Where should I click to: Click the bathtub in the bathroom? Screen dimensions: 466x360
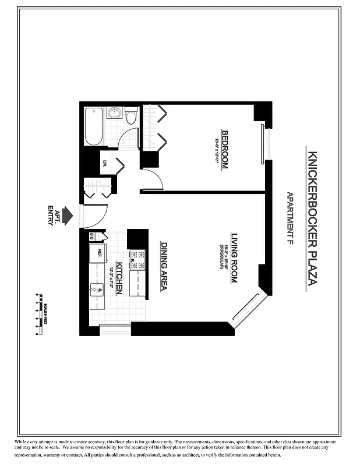(94, 127)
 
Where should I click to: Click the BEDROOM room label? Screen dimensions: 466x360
(225, 149)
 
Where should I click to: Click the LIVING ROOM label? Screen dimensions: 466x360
(234, 258)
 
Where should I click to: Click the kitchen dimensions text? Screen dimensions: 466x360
(111, 278)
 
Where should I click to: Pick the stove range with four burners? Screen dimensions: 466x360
(137, 260)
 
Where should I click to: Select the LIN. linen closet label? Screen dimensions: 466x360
(105, 164)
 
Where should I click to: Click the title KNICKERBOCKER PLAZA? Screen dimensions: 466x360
(312, 219)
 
